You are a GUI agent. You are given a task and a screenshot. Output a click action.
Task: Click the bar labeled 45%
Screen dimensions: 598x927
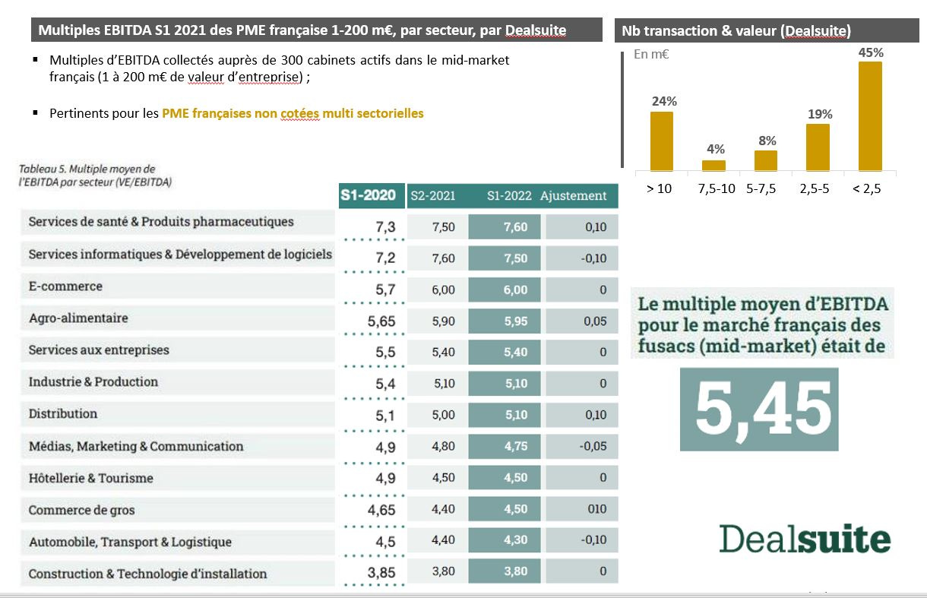click(870, 115)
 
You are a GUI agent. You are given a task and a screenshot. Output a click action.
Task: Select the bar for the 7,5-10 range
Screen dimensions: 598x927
click(713, 165)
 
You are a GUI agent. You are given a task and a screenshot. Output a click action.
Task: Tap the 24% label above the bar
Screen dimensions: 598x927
click(662, 101)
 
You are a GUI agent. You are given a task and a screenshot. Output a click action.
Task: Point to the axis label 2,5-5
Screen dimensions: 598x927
click(818, 189)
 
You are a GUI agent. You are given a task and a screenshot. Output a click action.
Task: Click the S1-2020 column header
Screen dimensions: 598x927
click(368, 195)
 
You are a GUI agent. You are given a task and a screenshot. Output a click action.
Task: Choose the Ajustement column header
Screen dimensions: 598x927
click(574, 196)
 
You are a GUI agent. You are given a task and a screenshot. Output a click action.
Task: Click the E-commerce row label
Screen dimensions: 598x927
click(65, 286)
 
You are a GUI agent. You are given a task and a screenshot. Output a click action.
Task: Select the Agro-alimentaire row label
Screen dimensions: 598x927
click(78, 318)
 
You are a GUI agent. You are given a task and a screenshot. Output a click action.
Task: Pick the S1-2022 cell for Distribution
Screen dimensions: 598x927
click(515, 415)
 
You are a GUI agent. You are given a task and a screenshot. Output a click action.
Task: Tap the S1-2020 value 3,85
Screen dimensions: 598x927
click(381, 573)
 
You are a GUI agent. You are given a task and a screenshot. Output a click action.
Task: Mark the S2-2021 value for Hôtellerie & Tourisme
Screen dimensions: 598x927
click(443, 478)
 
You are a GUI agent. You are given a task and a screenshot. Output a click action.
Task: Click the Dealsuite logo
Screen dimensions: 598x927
click(805, 539)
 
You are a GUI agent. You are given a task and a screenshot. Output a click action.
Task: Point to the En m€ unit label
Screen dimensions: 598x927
click(651, 55)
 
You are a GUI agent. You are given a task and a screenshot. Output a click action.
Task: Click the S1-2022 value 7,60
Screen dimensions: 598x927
click(515, 227)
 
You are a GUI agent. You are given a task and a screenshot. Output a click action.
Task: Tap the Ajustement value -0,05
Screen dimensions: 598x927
click(593, 446)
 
